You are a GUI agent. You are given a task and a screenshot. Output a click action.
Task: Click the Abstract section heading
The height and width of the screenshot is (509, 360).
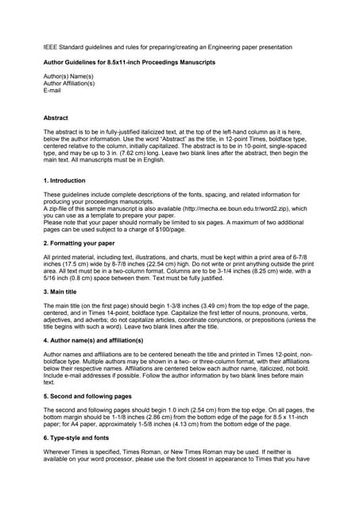coord(56,119)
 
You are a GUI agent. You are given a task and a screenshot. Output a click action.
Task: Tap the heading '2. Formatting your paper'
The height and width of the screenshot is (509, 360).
coord(79,242)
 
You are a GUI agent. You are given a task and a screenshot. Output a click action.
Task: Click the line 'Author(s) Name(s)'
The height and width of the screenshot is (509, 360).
coord(69,76)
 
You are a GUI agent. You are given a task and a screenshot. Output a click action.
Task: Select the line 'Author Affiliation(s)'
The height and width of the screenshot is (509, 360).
coord(72,84)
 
